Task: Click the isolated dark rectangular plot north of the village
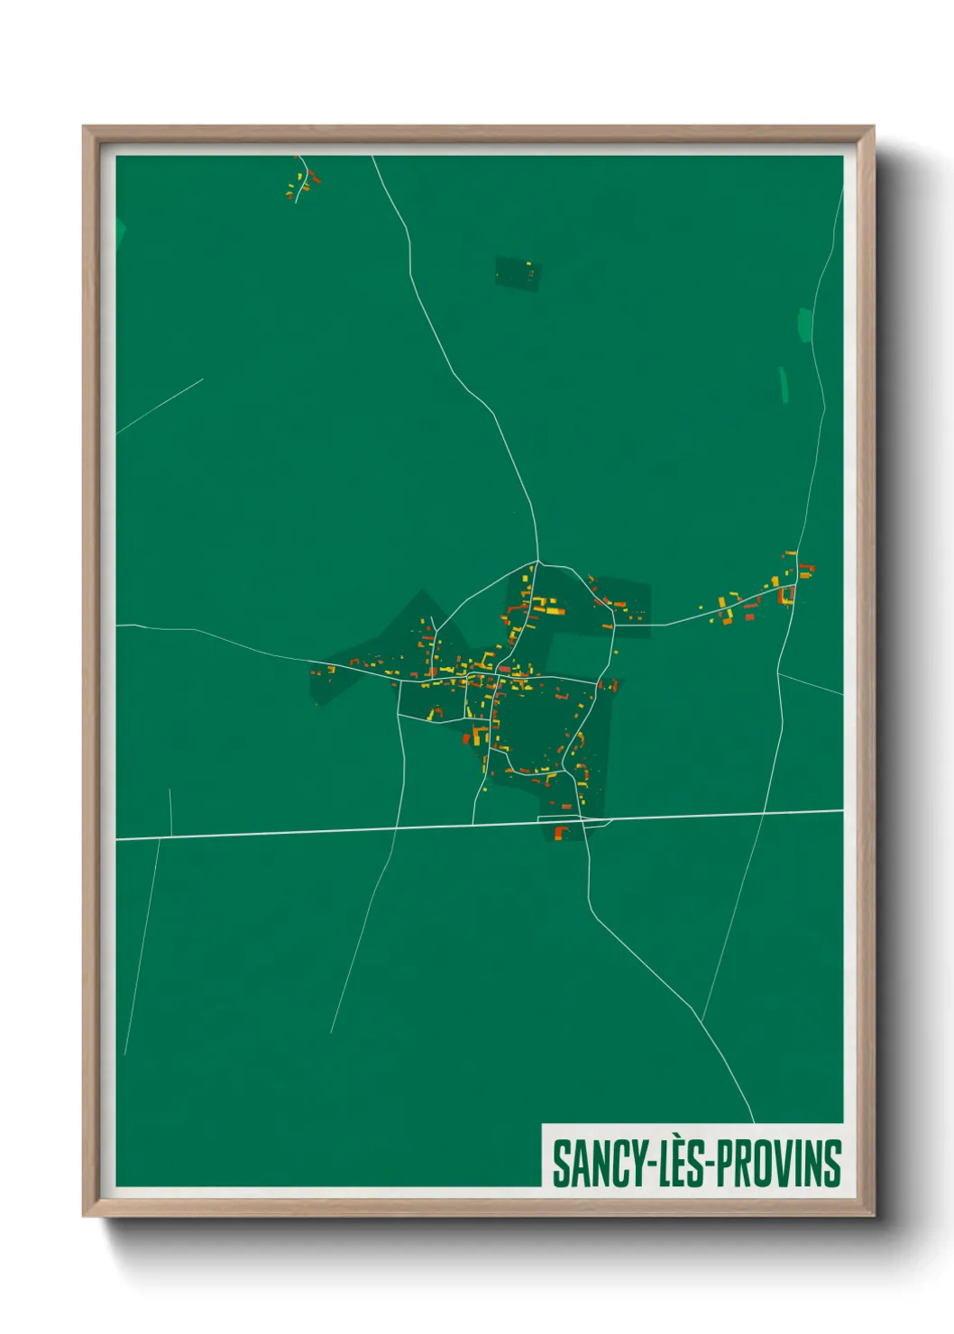point(518,272)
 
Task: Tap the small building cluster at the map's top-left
point(303,179)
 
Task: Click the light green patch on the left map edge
point(120,233)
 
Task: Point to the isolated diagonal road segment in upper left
point(160,406)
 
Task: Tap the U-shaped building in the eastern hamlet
point(787,596)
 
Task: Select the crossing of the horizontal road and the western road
point(397,827)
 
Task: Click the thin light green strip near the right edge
point(784,383)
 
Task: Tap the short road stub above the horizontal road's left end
point(170,811)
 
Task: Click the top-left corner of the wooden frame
point(85,128)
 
